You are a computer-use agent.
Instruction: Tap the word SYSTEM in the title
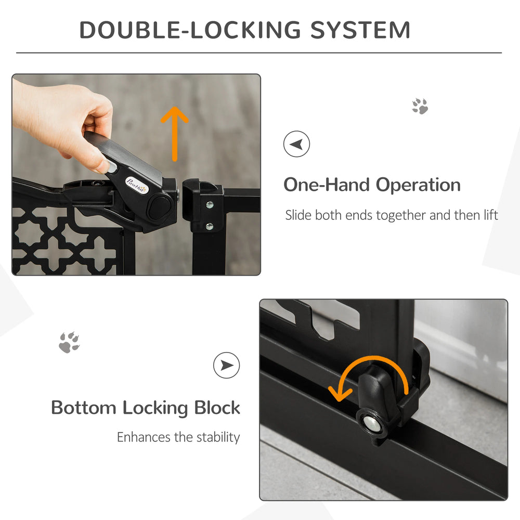pos(360,30)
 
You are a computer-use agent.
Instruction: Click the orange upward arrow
pos(176,133)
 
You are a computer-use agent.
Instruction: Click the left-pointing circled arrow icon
pos(296,144)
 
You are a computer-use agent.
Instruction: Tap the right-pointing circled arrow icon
pos(227,365)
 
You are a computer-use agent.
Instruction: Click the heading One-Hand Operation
pos(372,185)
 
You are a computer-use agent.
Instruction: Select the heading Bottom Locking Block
pos(146,408)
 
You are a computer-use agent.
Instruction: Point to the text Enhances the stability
pos(178,437)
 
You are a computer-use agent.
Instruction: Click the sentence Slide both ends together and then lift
pos(392,215)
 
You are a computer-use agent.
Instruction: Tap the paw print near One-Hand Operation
pos(420,106)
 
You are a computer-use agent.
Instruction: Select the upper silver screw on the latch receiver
pos(209,205)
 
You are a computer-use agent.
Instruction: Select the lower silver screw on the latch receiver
pos(209,226)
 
